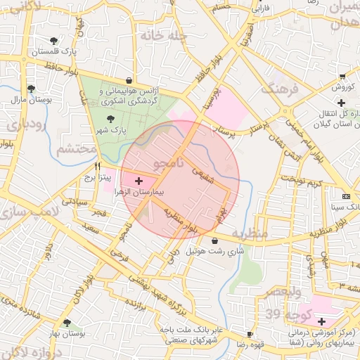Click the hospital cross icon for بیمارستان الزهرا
[x=137, y=181]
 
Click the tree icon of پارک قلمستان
[x=54, y=40]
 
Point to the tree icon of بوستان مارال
[x=31, y=89]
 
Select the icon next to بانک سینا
[x=345, y=196]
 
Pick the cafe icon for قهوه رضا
[x=249, y=333]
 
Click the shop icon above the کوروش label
[x=342, y=77]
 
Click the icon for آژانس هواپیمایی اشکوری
[x=129, y=80]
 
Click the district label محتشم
[x=75, y=149]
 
